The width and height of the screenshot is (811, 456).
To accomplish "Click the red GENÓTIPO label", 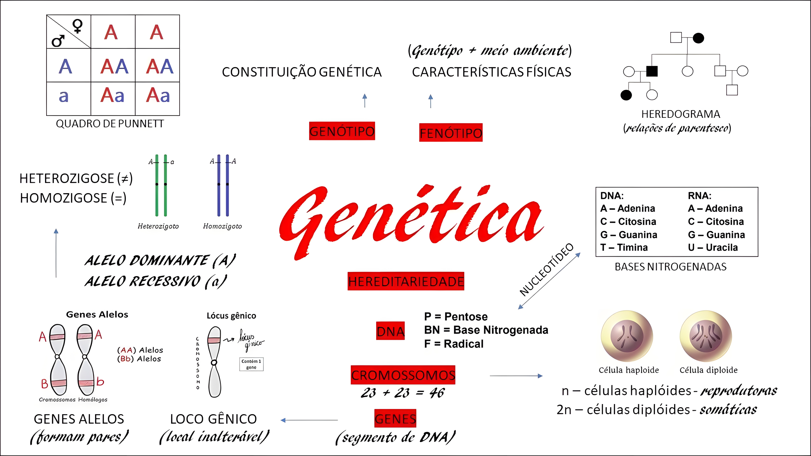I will pyautogui.click(x=342, y=131).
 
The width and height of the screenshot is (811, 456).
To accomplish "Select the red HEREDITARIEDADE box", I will pyautogui.click(x=406, y=281).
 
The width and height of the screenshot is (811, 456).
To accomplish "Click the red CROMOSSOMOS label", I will pyautogui.click(x=403, y=375).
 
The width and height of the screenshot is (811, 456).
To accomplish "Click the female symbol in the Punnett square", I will pyautogui.click(x=77, y=26).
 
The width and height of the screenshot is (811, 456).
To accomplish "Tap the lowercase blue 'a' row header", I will pyautogui.click(x=64, y=96).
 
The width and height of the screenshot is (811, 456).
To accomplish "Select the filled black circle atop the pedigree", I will pyautogui.click(x=698, y=38).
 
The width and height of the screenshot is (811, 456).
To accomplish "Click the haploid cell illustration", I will pyautogui.click(x=627, y=336).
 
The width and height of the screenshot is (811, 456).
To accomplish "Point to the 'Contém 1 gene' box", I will pyautogui.click(x=251, y=364).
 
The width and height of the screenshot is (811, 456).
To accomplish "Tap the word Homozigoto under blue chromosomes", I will pyautogui.click(x=222, y=226).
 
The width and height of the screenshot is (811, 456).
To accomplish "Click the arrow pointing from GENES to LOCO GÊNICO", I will pyautogui.click(x=309, y=420).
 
